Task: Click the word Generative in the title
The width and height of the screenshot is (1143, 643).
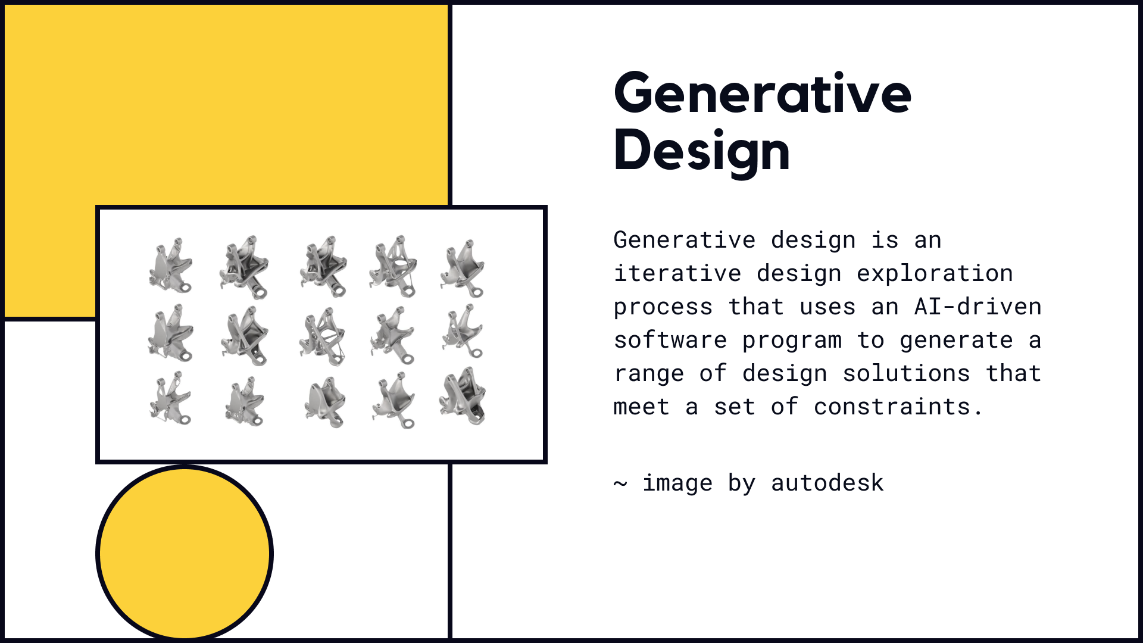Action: click(762, 94)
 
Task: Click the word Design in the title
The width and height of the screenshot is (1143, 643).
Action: click(701, 151)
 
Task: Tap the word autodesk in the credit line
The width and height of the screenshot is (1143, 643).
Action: click(827, 483)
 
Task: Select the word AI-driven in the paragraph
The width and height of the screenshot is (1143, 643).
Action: click(978, 307)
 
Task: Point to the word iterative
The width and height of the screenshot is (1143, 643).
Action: click(677, 273)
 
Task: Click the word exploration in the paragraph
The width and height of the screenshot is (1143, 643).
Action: click(935, 273)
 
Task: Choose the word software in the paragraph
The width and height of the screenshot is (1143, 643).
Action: click(670, 340)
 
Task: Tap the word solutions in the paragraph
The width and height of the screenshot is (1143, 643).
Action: click(906, 373)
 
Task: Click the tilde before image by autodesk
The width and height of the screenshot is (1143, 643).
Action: click(620, 483)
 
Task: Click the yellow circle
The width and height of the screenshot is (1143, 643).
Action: click(185, 553)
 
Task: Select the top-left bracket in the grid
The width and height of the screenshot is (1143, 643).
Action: click(170, 266)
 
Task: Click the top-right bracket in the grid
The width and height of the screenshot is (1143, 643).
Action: click(463, 268)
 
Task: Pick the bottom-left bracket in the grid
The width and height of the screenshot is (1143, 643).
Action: click(170, 398)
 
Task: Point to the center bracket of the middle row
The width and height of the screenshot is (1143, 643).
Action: click(322, 336)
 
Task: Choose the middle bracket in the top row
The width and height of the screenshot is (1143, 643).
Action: click(322, 266)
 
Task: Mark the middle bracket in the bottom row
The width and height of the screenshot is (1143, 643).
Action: click(325, 402)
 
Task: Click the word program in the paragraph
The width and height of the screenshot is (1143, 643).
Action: click(792, 340)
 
